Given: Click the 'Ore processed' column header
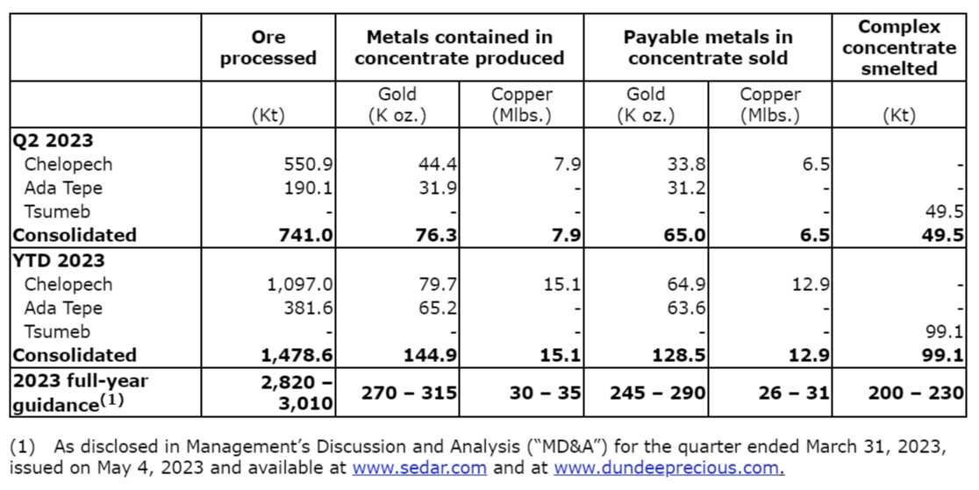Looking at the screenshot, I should coord(268,48).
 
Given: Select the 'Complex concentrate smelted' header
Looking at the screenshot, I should coord(898,47).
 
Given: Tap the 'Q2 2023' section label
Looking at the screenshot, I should coord(53,140).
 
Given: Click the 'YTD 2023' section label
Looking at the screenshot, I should coord(59,260).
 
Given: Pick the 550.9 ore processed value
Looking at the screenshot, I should coord(307,164).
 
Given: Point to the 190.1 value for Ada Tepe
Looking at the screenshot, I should coord(307,188).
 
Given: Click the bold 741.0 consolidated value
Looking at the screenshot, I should coord(306,235).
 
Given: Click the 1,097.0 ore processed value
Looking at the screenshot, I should coord(298,284).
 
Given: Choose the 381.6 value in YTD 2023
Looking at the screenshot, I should coord(307,308).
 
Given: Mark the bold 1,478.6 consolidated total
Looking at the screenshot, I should coord(297,355).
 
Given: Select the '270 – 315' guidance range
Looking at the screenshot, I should coord(409,393).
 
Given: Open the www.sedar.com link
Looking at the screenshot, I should coord(419,468).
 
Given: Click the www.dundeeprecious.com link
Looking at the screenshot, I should coord(668,468).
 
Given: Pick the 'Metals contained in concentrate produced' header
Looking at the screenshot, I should coord(459,48).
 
